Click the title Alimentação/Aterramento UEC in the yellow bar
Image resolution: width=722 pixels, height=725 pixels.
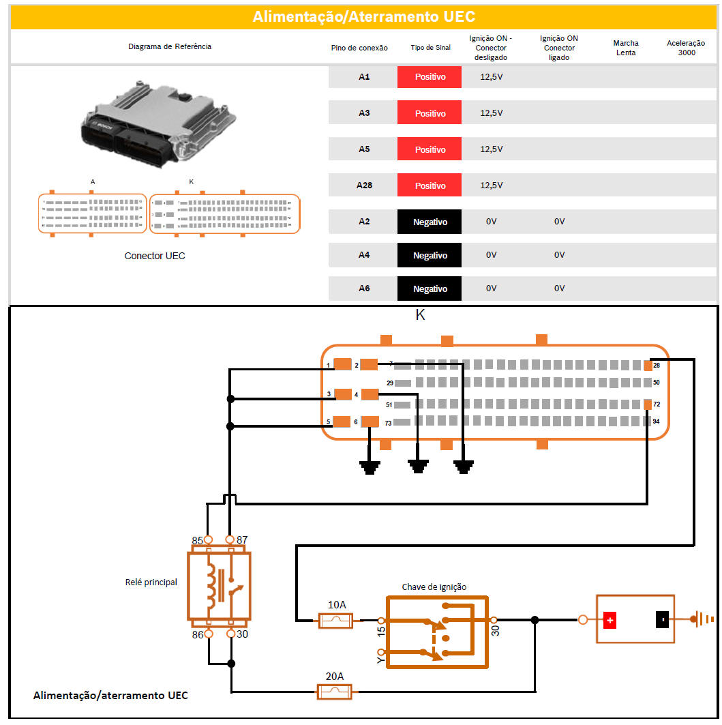pos(363,16)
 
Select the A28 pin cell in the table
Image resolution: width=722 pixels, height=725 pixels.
pos(364,186)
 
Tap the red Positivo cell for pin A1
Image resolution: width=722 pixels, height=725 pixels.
pos(430,77)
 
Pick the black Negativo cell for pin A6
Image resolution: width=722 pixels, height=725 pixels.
pos(430,288)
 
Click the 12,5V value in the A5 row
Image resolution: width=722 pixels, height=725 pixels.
pos(491,149)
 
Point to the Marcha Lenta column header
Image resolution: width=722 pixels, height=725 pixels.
pos(625,48)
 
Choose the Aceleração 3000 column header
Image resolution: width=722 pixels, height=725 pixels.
pos(687,48)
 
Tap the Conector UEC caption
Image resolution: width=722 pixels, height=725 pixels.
pos(155,256)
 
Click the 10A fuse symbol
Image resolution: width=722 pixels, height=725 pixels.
pos(336,621)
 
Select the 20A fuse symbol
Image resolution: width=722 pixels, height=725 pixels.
pos(335,692)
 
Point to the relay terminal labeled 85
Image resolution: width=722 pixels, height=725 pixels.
pos(209,540)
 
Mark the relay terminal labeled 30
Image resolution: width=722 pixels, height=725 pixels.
pos(231,634)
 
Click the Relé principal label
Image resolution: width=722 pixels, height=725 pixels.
pos(151,582)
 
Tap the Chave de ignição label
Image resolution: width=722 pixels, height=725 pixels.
pos(434,587)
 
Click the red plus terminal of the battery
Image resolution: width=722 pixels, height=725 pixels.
pos(610,620)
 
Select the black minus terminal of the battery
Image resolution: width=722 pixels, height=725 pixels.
pos(661,620)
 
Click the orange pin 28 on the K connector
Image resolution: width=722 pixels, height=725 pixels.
pos(648,366)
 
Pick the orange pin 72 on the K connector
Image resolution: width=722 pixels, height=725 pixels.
pos(648,405)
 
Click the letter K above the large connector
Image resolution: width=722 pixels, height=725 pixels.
pos(421,315)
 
